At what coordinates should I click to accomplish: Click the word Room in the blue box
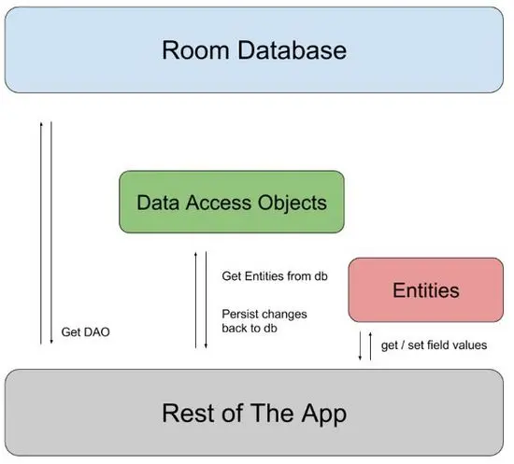click(191, 49)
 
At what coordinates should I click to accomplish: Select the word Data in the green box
click(158, 202)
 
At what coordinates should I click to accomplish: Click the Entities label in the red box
click(425, 290)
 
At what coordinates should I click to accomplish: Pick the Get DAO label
click(85, 332)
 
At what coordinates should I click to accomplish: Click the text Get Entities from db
click(275, 277)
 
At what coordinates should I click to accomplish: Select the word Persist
click(242, 314)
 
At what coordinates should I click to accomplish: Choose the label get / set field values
click(434, 345)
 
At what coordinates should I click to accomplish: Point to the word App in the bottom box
click(324, 413)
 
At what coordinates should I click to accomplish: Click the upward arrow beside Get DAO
click(40, 233)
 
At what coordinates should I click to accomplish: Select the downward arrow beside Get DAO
click(51, 233)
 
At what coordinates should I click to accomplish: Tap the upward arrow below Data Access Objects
click(194, 299)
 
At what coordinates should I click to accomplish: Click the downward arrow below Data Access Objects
click(206, 299)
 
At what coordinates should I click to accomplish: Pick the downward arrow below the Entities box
click(360, 345)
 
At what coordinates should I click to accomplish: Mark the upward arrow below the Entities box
click(371, 345)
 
